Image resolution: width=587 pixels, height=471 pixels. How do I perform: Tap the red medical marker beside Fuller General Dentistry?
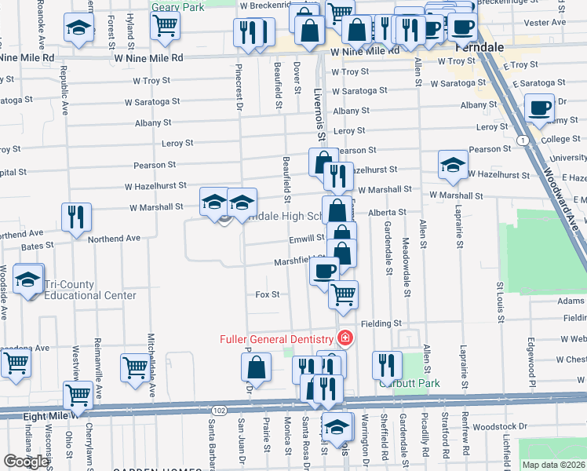click(344, 338)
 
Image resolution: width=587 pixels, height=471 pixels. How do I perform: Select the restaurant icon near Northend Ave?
click(76, 217)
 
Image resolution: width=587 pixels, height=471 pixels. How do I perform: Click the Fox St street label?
click(268, 294)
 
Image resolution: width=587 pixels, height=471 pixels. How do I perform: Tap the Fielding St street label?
click(381, 323)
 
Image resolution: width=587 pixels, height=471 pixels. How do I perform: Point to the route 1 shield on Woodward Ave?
click(522, 140)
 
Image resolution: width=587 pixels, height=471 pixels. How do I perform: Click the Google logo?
click(26, 462)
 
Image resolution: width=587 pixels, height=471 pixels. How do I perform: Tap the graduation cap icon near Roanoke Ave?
click(78, 28)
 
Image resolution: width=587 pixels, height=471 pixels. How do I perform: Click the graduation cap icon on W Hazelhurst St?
click(452, 164)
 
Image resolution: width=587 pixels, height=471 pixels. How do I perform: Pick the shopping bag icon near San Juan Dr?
click(257, 367)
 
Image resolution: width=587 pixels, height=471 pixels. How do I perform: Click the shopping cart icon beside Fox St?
click(343, 294)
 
